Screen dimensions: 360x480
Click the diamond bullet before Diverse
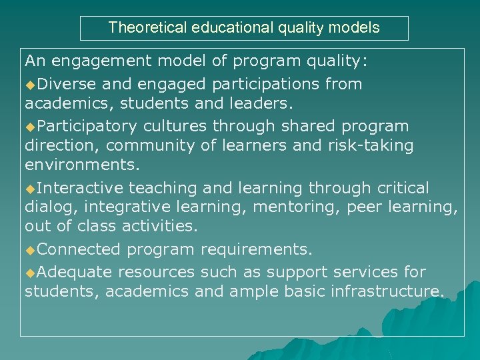(x=30, y=85)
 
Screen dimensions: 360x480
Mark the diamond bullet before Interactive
(x=30, y=189)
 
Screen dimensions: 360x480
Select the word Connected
(x=79, y=249)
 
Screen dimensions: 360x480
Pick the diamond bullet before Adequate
(x=30, y=273)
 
